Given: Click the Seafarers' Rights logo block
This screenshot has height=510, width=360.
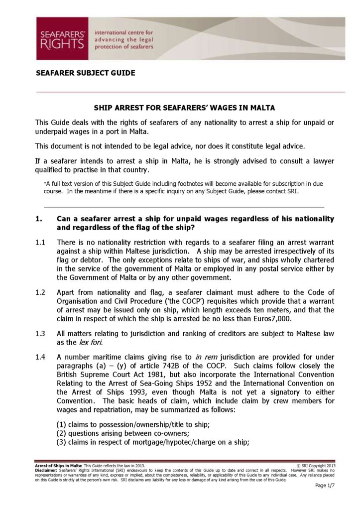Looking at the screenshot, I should pyautogui.click(x=62, y=39).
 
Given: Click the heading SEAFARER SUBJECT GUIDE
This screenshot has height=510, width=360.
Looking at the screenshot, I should pyautogui.click(x=86, y=73).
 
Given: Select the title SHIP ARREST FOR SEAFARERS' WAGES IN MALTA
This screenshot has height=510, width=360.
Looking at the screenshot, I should pyautogui.click(x=185, y=108).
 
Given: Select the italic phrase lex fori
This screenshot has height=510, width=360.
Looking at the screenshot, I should pyautogui.click(x=91, y=342).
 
